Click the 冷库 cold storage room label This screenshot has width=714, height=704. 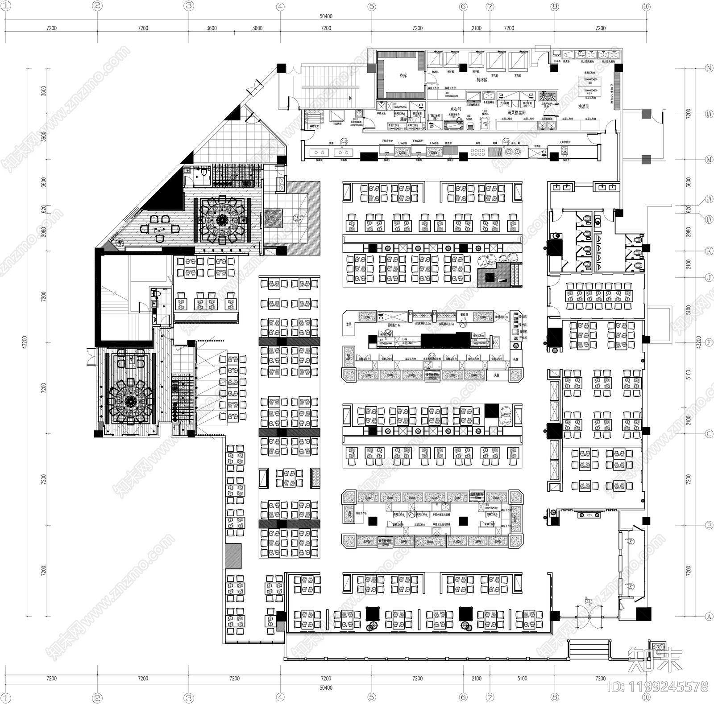coord(403,76)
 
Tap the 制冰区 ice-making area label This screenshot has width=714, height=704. coord(482,80)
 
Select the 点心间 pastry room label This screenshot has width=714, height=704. coord(455,109)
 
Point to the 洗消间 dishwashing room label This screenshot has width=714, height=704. coord(584,107)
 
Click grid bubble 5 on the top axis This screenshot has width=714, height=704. coord(372,6)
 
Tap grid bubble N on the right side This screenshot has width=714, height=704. coord(709,69)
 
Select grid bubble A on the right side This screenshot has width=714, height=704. coord(709,617)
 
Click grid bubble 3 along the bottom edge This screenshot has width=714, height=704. coord(189,698)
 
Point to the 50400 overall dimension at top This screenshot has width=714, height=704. coord(326,16)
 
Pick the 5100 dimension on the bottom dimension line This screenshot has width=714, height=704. coord(522,679)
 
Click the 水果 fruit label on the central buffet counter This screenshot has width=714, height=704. coord(349,324)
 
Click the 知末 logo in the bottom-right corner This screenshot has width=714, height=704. coord(655,660)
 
